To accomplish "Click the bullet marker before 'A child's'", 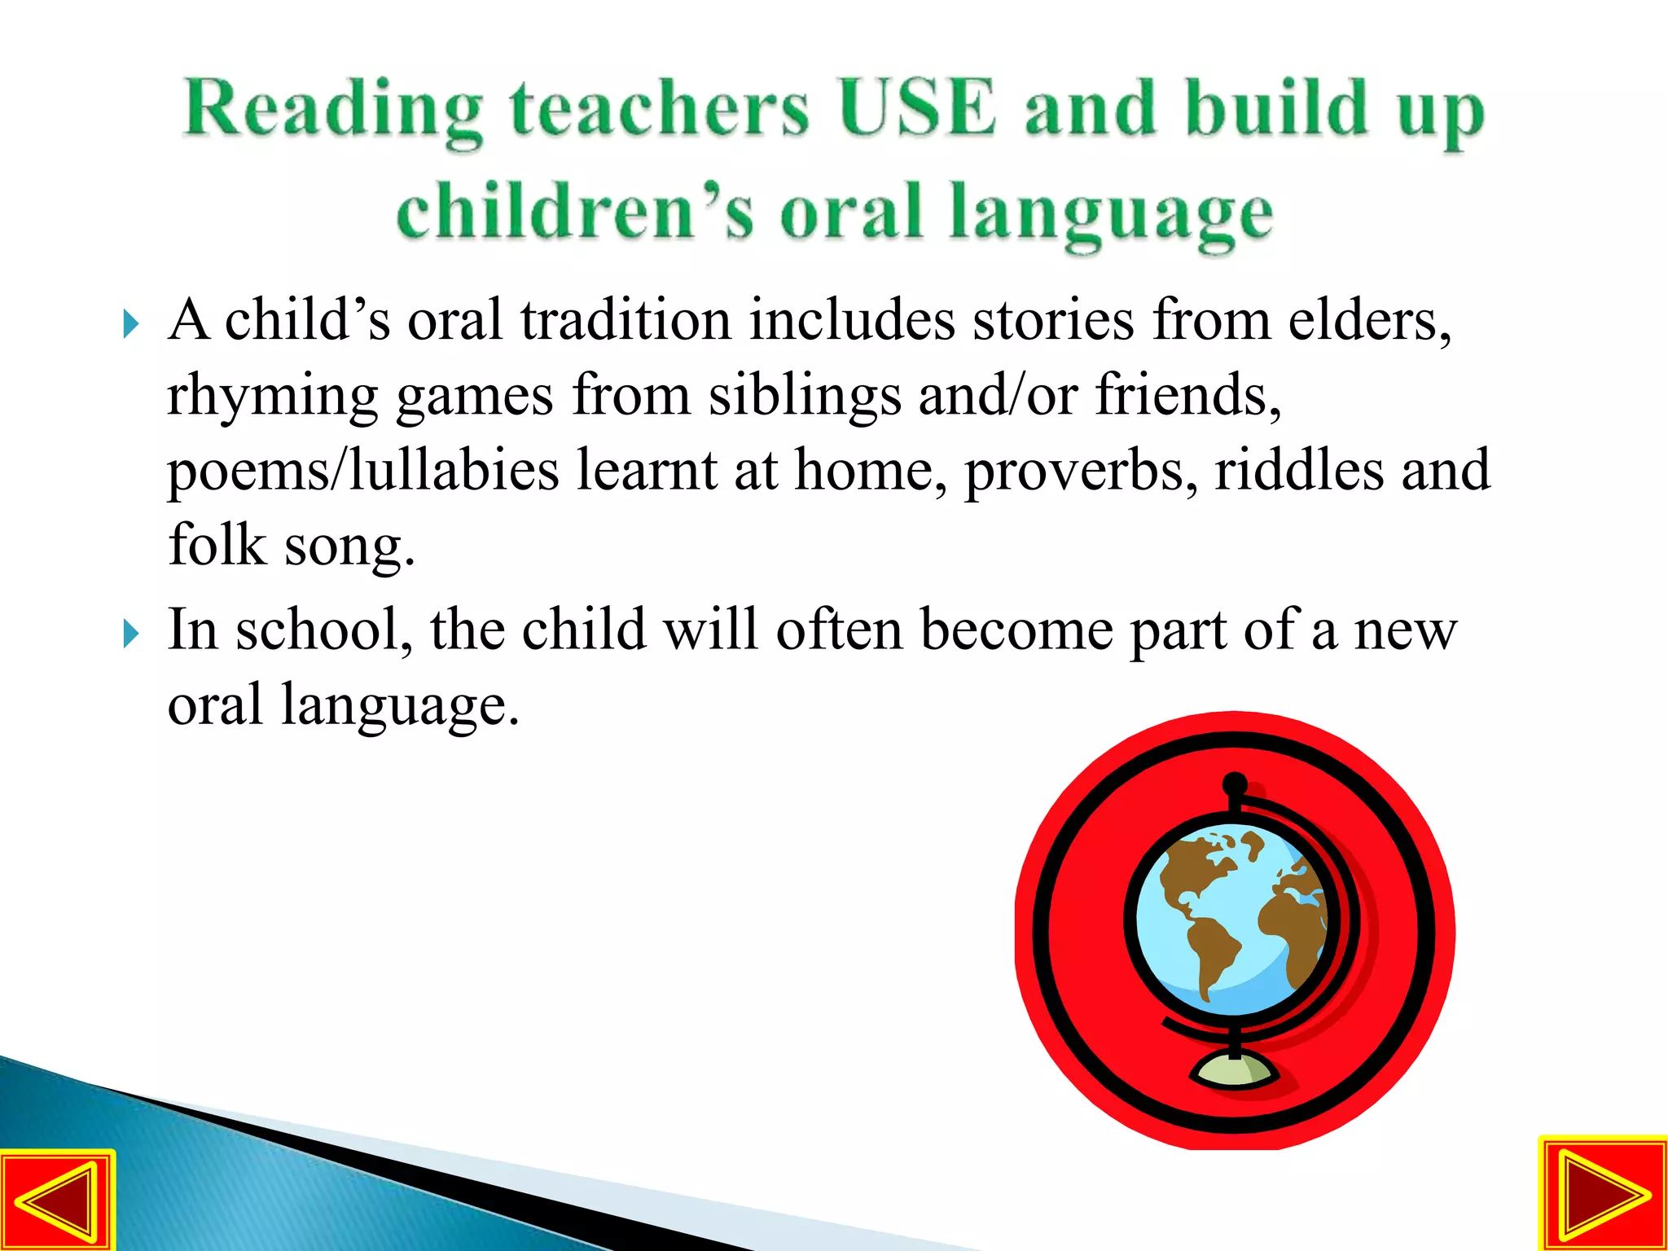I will pos(130,324).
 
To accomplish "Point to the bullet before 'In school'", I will pos(130,634).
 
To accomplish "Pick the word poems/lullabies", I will pos(362,472).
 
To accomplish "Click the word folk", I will pos(217,545).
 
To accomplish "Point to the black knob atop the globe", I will pos(1236,784).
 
